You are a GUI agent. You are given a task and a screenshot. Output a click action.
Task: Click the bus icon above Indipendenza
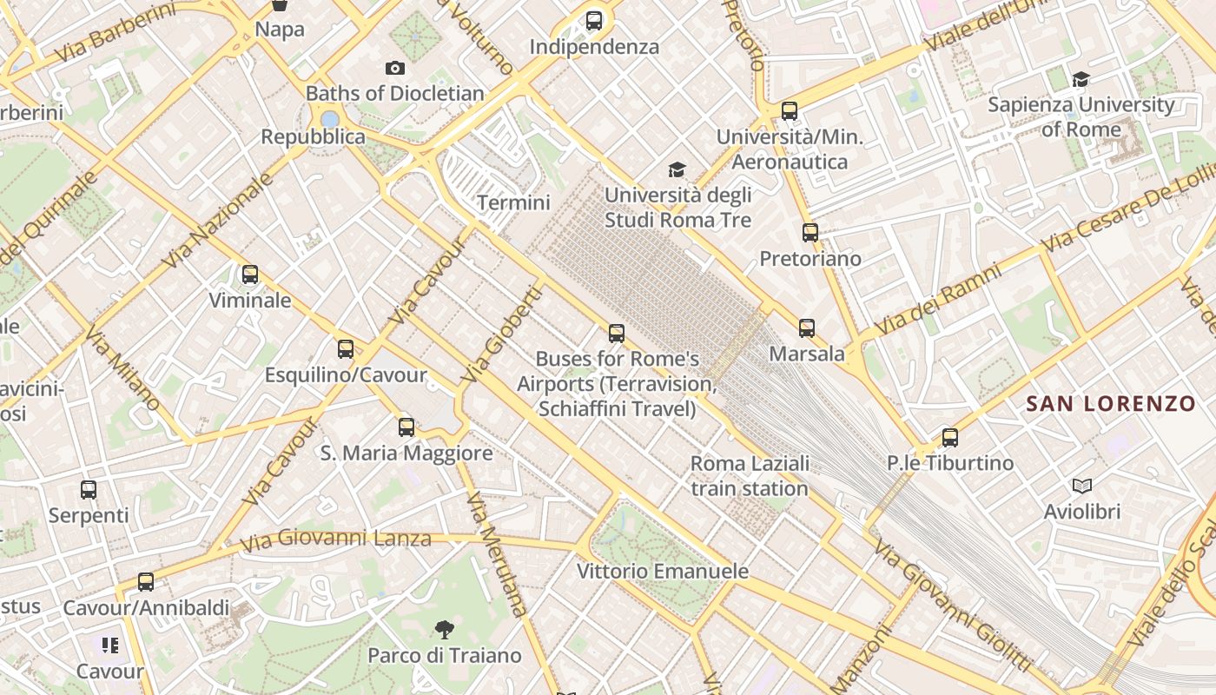click(x=594, y=20)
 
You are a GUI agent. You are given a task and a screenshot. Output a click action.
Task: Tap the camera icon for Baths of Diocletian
click(x=395, y=68)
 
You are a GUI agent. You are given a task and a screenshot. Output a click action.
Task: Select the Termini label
click(x=513, y=202)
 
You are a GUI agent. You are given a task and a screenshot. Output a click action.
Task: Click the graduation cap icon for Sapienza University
click(x=1081, y=80)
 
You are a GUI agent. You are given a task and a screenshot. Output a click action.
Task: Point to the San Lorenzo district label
click(x=1111, y=404)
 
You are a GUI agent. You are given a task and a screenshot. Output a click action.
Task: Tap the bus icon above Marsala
click(x=807, y=328)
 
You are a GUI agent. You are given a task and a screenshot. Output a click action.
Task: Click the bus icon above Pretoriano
click(x=810, y=232)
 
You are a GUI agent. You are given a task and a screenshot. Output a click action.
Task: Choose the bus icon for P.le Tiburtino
click(x=950, y=437)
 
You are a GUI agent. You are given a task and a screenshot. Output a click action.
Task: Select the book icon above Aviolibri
click(x=1081, y=486)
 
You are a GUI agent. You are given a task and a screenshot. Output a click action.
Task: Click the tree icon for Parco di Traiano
click(x=445, y=629)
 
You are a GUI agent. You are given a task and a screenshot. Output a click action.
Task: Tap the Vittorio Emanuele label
click(x=663, y=571)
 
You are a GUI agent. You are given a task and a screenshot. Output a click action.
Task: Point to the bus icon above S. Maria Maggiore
click(x=406, y=427)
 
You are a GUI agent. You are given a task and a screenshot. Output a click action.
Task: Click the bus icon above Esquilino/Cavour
click(x=346, y=348)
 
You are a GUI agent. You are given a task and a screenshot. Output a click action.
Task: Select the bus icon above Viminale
click(x=250, y=275)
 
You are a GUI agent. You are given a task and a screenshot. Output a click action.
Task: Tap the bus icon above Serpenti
click(x=89, y=489)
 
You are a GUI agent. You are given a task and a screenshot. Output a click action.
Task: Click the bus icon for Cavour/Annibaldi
click(x=146, y=581)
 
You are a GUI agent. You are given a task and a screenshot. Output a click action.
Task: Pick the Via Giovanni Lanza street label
click(x=335, y=539)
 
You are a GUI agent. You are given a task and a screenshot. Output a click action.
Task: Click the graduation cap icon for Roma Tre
click(x=677, y=169)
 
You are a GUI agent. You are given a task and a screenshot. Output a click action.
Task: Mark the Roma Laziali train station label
click(x=750, y=475)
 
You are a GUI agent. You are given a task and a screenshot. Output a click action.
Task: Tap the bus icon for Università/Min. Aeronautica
click(x=790, y=110)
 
